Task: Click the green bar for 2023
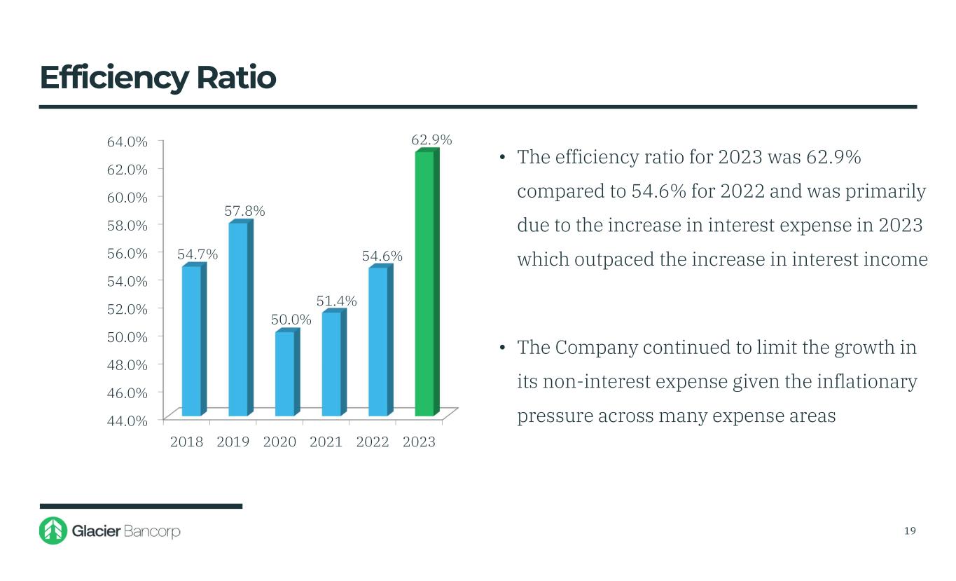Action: (x=424, y=284)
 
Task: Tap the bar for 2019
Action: (x=238, y=319)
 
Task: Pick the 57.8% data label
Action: (x=244, y=210)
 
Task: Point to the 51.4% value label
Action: (x=336, y=301)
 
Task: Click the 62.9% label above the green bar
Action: (x=431, y=140)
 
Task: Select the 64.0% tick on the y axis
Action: (x=127, y=142)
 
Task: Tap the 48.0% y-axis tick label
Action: (x=127, y=364)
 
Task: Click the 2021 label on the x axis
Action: (x=326, y=442)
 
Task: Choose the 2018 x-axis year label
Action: (x=186, y=442)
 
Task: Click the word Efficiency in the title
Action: (x=113, y=78)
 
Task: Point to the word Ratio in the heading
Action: (x=236, y=78)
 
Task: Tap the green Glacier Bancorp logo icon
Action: (x=53, y=531)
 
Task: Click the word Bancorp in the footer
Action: (x=152, y=531)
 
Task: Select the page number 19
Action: (x=910, y=531)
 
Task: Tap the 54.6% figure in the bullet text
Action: (x=658, y=191)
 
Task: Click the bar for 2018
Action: (x=191, y=341)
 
